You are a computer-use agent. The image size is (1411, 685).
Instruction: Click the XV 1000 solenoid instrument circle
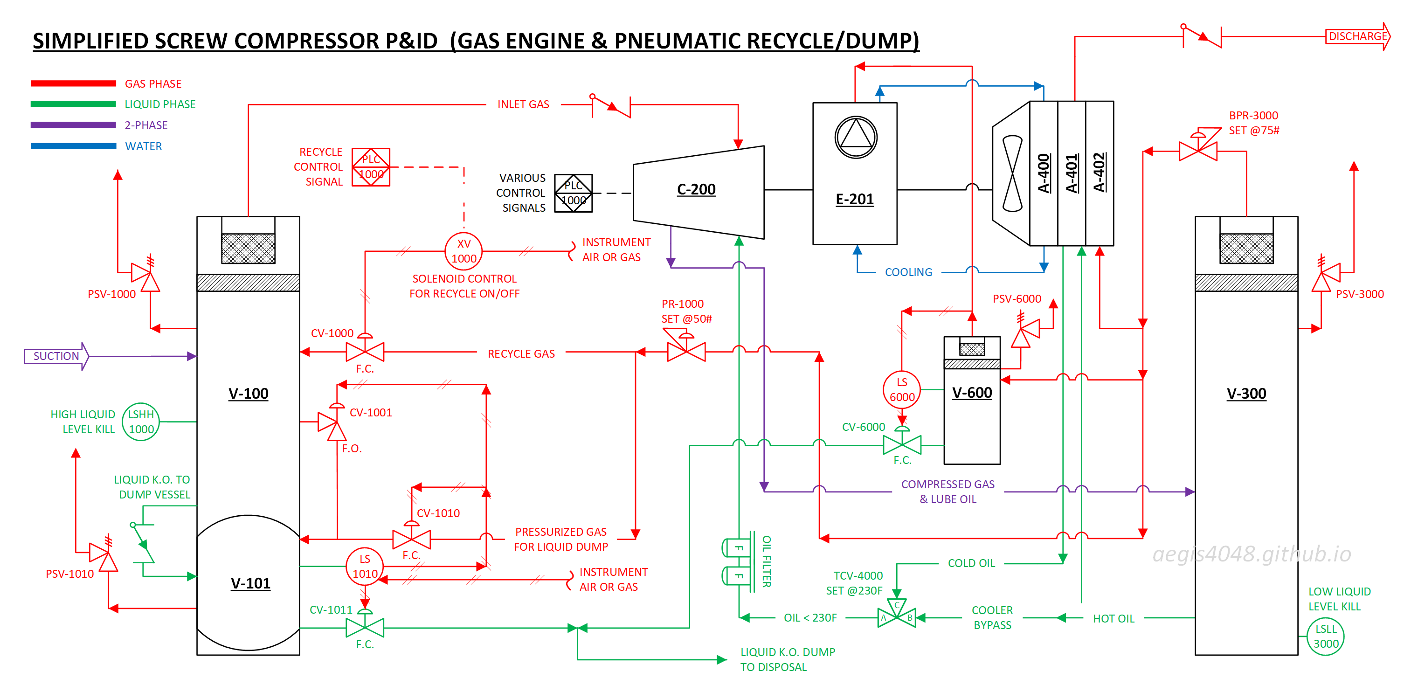[463, 251]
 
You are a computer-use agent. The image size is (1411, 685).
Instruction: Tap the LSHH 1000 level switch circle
[141, 422]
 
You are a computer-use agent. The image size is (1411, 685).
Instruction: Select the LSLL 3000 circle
[1326, 636]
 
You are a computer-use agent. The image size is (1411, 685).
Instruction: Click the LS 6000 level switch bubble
[902, 389]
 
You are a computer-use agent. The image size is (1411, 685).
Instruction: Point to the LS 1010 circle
[365, 566]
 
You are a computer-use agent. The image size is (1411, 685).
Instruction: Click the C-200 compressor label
[696, 189]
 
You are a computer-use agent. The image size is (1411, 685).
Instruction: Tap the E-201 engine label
[855, 199]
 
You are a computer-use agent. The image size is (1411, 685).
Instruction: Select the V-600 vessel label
[972, 393]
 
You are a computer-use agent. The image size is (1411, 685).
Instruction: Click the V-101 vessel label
[250, 583]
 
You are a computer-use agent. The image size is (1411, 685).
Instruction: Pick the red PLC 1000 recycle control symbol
[371, 167]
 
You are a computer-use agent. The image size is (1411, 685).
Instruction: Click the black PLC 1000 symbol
[574, 194]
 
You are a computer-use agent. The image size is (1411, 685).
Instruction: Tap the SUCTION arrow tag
[56, 356]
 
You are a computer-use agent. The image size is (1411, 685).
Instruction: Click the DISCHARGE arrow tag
[1358, 36]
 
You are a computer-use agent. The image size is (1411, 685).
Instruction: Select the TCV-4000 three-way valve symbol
[897, 614]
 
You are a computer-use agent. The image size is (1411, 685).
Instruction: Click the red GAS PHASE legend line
[73, 83]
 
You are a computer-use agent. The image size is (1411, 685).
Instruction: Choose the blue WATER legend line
[73, 146]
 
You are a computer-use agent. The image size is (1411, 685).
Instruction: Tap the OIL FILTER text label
[767, 561]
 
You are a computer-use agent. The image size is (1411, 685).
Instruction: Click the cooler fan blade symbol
[1012, 173]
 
